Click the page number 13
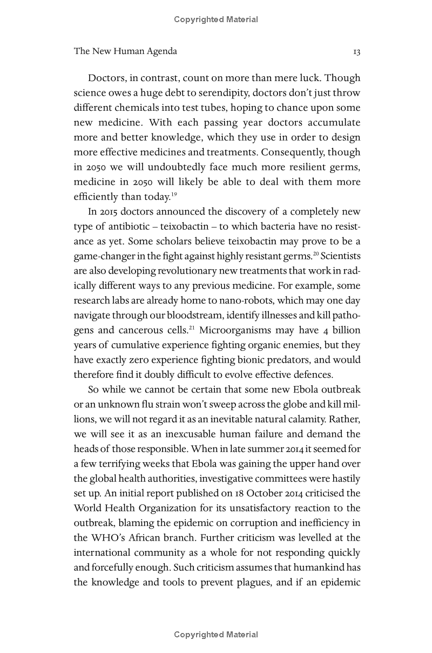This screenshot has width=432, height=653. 356,52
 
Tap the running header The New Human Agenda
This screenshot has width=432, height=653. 125,51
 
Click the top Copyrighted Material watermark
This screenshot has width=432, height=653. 216,19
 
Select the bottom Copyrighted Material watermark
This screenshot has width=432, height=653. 216,635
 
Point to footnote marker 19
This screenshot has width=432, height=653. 174,194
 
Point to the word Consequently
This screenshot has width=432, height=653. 290,152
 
